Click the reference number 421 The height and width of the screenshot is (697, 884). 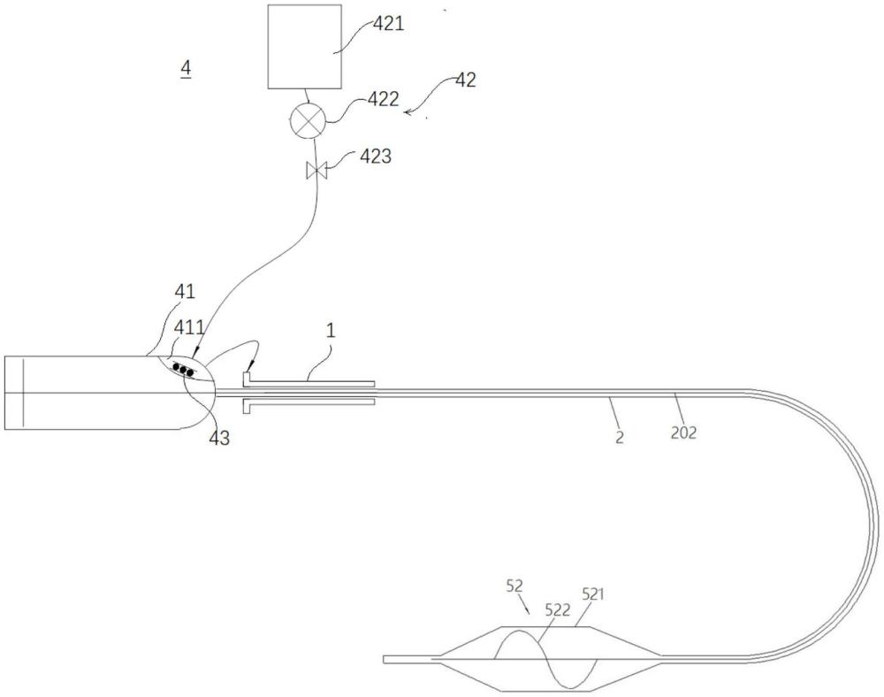tap(389, 24)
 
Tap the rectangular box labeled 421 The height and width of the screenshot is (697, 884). tap(304, 47)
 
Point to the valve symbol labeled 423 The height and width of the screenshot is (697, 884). tap(316, 171)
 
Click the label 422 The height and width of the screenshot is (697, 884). tap(384, 99)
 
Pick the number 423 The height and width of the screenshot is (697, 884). tap(376, 157)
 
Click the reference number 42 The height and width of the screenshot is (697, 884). tap(465, 80)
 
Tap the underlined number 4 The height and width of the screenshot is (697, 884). tap(186, 69)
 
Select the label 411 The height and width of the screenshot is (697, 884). tap(188, 327)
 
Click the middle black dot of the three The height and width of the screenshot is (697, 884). tap(183, 369)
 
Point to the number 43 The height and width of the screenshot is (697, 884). tap(219, 438)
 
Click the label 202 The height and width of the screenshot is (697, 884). tap(683, 433)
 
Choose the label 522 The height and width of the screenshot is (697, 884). tap(558, 609)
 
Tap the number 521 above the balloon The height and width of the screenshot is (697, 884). tap(593, 594)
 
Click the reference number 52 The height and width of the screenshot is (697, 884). tap(514, 586)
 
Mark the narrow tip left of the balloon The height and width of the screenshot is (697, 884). tap(385, 659)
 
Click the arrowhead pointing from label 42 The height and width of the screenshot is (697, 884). tap(408, 113)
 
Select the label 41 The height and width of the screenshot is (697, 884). tap(185, 292)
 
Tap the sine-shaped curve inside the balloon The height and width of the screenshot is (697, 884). tap(545, 659)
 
